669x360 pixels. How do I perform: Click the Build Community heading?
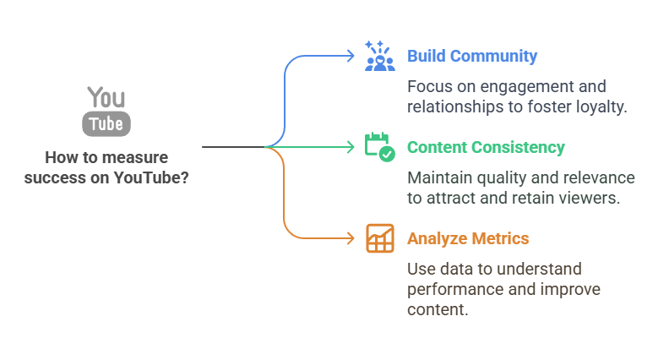(471, 57)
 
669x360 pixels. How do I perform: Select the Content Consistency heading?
(486, 147)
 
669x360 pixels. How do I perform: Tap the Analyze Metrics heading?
(468, 238)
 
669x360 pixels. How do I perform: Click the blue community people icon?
(379, 56)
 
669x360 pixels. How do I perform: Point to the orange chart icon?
(379, 238)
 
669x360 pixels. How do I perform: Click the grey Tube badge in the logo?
(106, 123)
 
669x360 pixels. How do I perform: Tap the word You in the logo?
(106, 97)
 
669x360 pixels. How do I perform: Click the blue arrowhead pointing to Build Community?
(351, 56)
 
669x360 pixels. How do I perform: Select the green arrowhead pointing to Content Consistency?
(351, 147)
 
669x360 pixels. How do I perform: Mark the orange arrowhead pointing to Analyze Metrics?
(351, 238)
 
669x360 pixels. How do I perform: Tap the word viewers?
(596, 199)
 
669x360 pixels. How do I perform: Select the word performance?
(452, 290)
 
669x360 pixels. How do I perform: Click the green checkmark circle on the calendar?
(387, 154)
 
